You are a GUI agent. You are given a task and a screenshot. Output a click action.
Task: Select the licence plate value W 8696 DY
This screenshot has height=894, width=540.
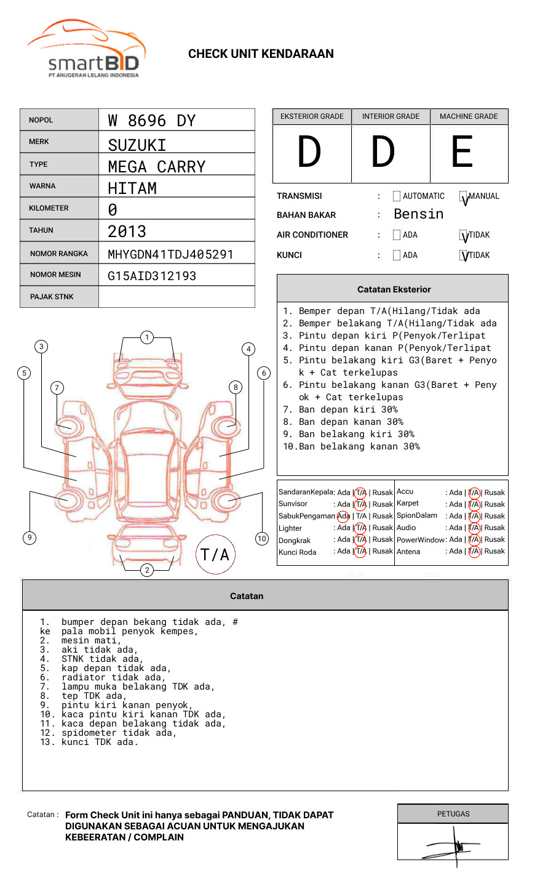(151, 121)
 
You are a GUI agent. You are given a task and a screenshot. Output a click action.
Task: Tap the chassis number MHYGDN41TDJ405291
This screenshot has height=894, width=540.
(170, 254)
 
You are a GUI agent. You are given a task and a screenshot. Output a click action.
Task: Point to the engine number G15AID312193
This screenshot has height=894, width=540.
(152, 276)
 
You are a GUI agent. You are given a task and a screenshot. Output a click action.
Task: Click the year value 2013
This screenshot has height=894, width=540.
(127, 232)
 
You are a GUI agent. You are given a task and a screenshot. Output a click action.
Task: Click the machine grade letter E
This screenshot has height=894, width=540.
(462, 152)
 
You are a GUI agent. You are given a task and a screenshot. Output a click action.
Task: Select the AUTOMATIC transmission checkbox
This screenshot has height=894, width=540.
(397, 196)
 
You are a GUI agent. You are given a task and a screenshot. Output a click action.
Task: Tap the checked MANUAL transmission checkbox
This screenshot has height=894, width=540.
(464, 197)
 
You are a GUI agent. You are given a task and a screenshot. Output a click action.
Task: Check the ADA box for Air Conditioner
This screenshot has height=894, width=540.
(397, 235)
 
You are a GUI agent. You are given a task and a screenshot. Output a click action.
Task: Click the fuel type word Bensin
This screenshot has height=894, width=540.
(418, 214)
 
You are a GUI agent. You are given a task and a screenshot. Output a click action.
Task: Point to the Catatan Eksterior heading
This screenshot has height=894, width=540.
(394, 289)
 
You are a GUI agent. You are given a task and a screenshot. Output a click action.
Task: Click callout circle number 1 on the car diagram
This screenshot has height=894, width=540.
(146, 337)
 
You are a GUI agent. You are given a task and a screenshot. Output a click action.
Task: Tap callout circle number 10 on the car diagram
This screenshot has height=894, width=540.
(262, 539)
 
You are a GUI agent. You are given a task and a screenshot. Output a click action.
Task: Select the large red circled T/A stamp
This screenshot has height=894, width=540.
(215, 554)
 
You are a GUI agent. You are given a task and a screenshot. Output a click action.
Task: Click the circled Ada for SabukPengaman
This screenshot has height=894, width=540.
(343, 516)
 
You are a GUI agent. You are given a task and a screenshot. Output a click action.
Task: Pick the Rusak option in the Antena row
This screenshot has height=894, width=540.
(494, 551)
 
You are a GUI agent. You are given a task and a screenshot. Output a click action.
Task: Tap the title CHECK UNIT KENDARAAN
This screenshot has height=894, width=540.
(261, 54)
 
